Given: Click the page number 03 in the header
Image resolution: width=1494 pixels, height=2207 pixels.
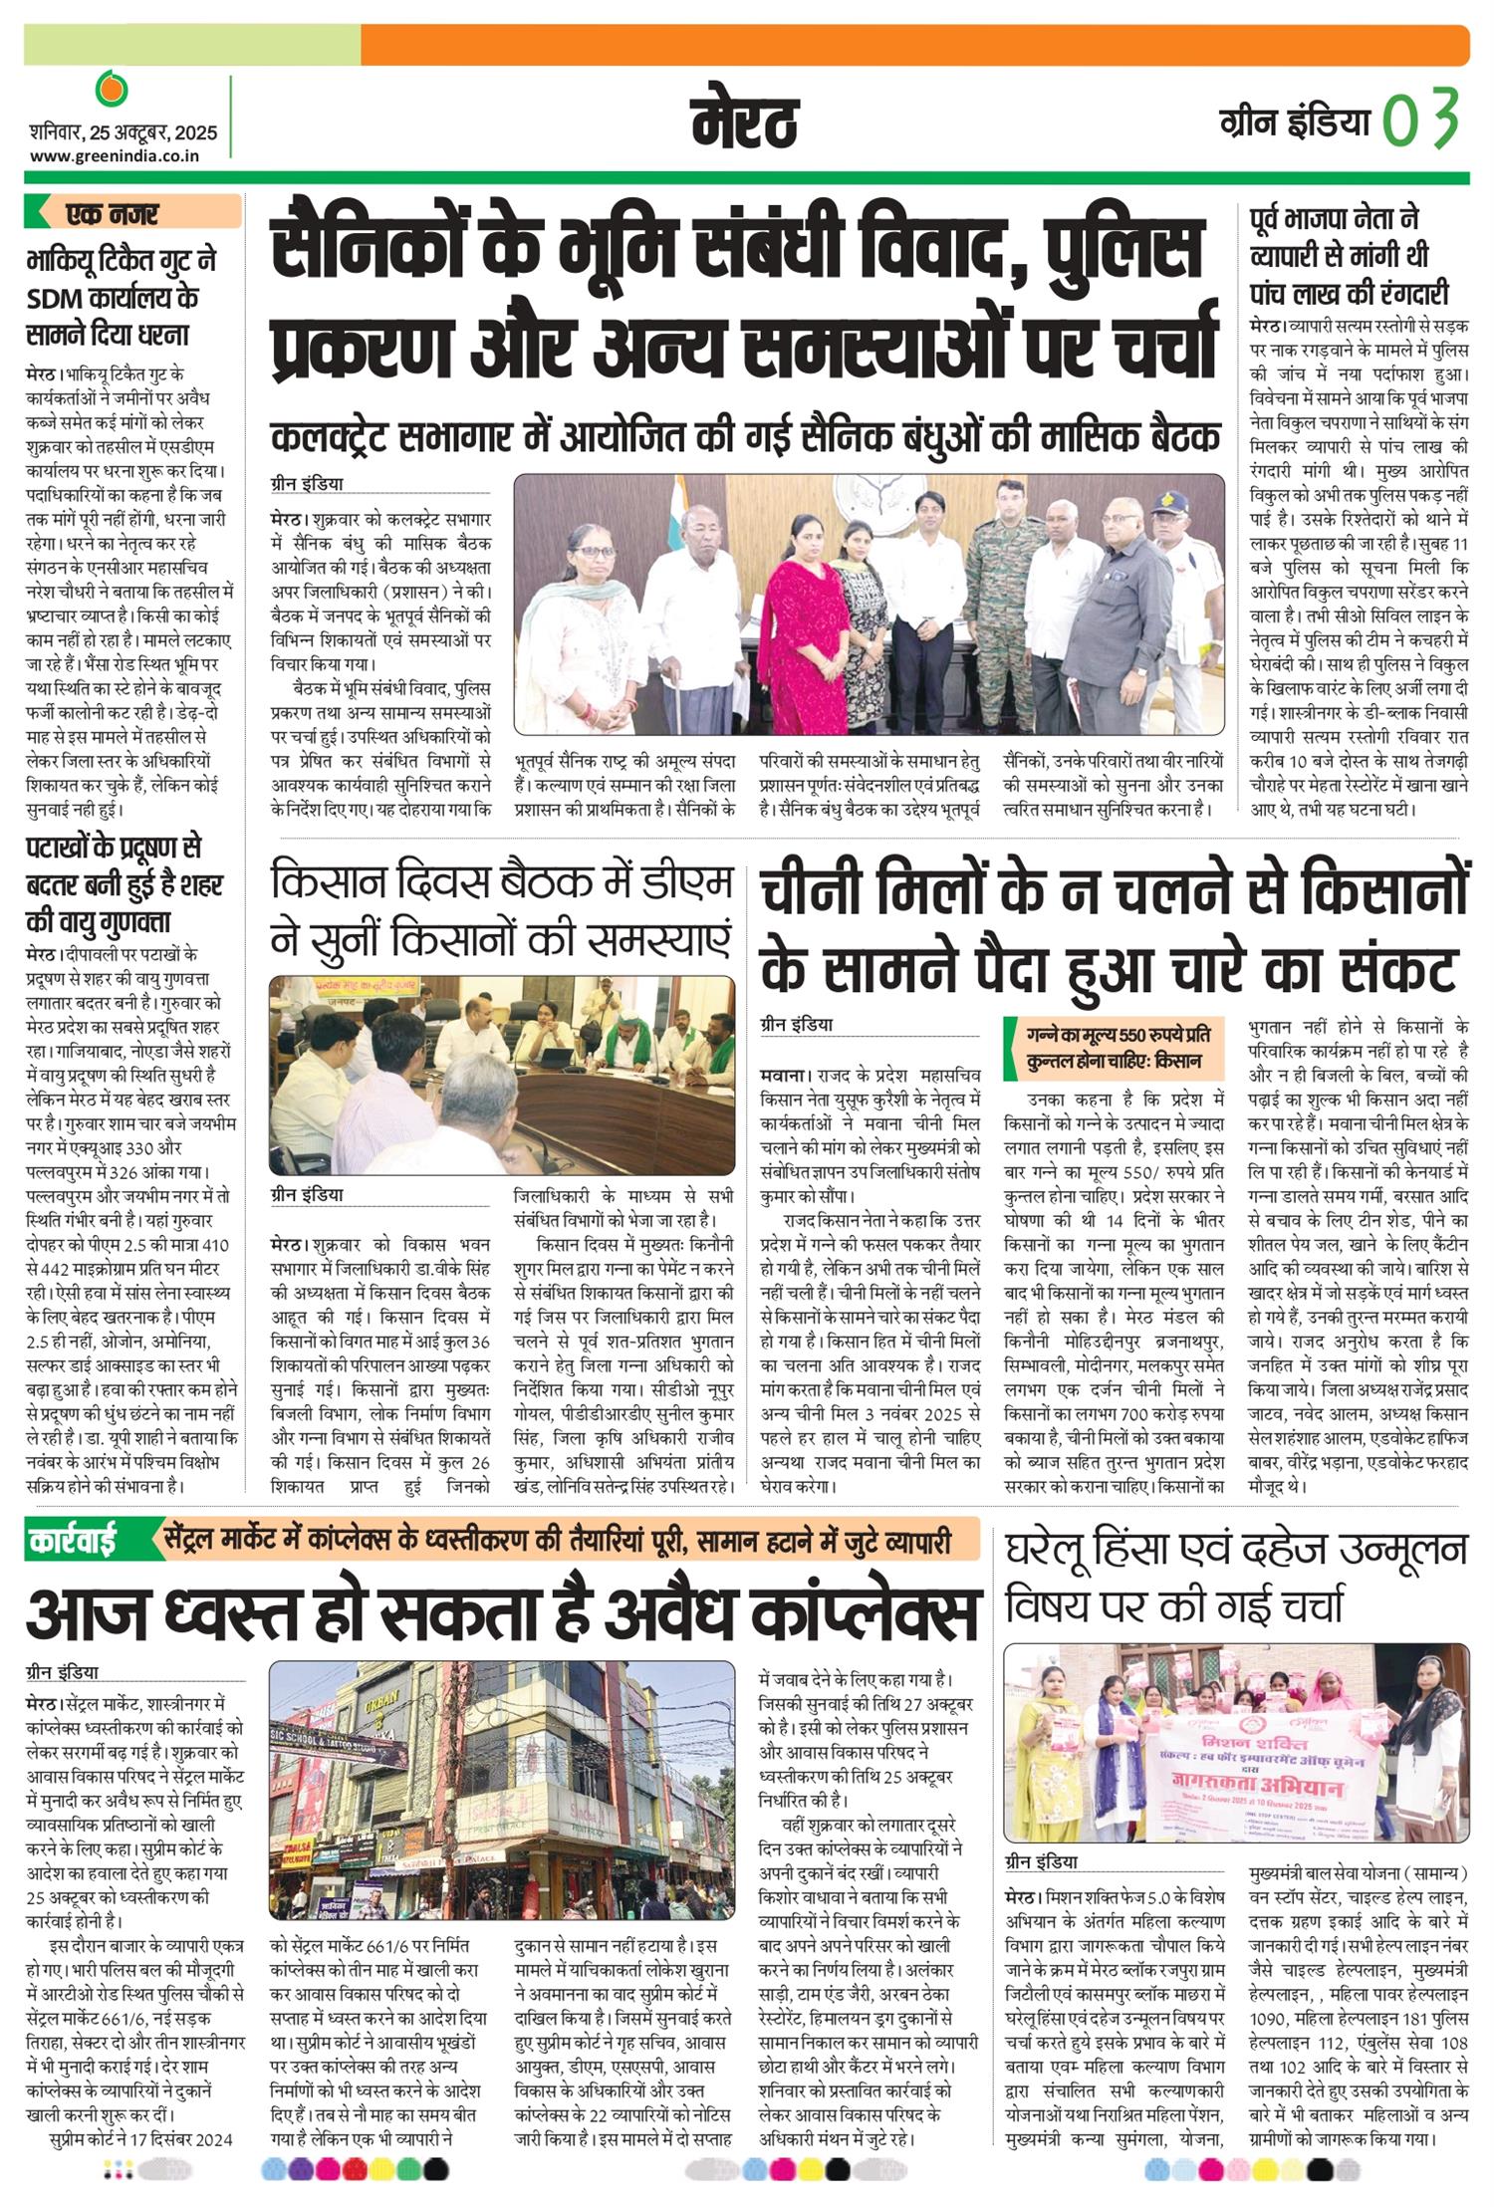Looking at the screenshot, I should [x=1421, y=118].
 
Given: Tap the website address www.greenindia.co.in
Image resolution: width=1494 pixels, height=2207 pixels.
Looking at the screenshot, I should [x=115, y=155].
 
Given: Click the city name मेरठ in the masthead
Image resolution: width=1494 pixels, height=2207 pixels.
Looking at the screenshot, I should [x=745, y=123].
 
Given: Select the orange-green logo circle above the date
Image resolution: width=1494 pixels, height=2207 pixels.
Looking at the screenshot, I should [x=112, y=89].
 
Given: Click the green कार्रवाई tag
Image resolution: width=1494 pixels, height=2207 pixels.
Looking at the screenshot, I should [x=72, y=1541].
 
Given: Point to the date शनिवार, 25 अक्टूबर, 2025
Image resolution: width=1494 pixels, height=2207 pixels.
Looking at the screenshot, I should [x=123, y=132].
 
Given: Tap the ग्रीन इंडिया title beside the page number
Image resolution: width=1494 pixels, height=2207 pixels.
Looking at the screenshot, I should [x=1294, y=121].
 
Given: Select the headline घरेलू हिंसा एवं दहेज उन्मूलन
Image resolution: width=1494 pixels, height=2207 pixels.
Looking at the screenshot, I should [x=1236, y=1550].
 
